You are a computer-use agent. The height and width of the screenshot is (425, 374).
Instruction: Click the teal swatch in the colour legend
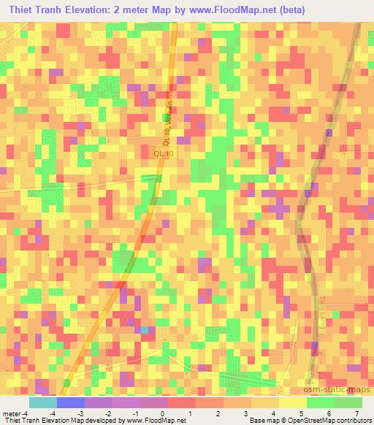(42, 402)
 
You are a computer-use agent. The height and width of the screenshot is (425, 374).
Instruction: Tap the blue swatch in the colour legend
(70, 402)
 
